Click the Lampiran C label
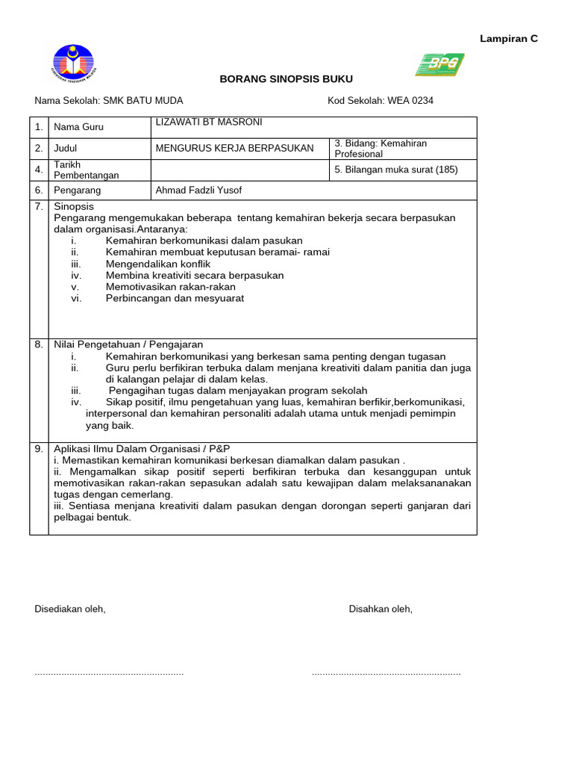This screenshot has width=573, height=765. click(507, 39)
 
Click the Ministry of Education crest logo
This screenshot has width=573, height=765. click(72, 65)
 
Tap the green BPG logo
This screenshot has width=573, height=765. click(439, 65)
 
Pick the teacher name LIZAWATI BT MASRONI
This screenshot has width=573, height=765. click(208, 123)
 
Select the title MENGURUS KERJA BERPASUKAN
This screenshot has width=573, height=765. click(234, 148)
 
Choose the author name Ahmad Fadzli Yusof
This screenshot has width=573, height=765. click(198, 190)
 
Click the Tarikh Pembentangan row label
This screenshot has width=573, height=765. click(86, 170)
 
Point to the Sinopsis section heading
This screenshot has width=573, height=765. click(74, 206)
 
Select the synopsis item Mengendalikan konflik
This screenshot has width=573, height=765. click(158, 264)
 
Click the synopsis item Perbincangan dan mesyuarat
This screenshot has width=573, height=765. click(175, 298)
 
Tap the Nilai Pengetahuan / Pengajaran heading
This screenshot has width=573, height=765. click(128, 344)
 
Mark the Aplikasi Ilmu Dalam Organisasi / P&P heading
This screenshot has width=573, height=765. click(142, 448)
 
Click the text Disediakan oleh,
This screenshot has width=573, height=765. click(70, 609)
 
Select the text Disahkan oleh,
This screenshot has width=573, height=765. click(381, 609)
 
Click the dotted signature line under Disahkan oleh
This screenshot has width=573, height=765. click(386, 673)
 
